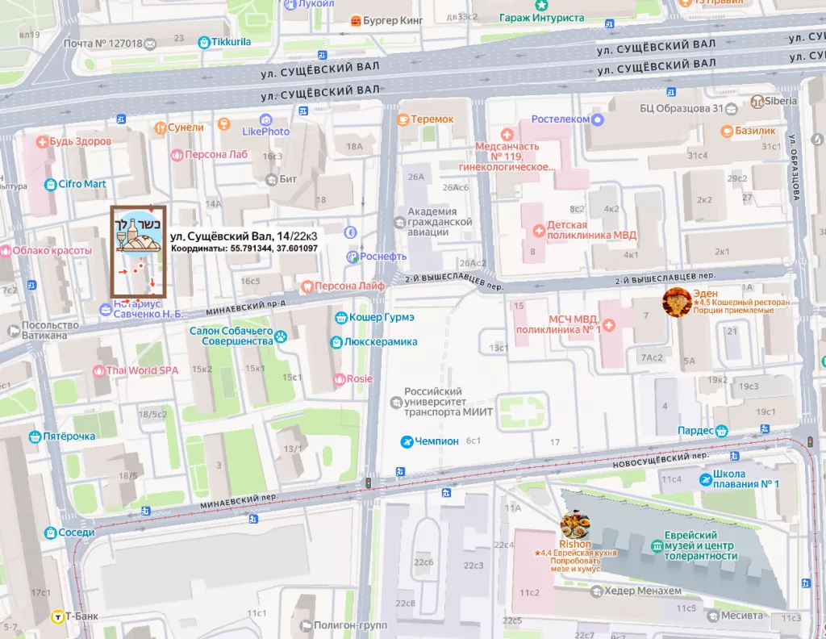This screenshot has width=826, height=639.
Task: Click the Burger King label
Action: coord(394,20)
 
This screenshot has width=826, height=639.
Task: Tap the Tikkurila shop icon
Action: coord(205,42)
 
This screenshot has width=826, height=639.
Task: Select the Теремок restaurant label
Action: coord(432,119)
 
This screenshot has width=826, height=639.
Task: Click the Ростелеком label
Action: coord(560,119)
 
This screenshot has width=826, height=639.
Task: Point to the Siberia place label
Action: coord(781,101)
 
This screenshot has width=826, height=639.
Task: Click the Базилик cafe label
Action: coord(754,131)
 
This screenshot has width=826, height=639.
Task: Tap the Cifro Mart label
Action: coord(81,184)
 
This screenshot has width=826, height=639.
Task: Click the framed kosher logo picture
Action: coord(138,250)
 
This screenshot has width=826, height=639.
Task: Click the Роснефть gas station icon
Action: coord(352,257)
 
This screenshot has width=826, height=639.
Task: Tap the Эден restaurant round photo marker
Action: coord(676,302)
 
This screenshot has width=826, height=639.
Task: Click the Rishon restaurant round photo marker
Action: coord(575,525)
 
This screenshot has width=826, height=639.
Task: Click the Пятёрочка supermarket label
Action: coord(69,436)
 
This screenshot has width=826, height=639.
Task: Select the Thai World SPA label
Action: coord(142,371)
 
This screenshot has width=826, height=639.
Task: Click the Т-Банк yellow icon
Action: coord(58,617)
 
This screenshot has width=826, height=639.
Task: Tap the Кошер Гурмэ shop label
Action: coord(382,318)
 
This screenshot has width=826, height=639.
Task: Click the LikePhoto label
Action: coord(265,132)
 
